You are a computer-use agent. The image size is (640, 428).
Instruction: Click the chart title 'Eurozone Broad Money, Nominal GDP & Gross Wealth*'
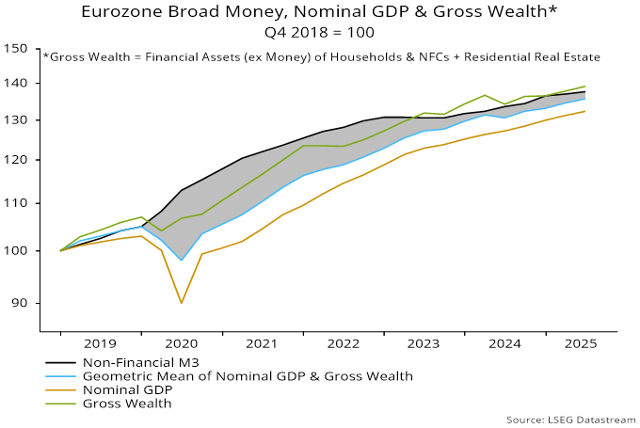click(320, 12)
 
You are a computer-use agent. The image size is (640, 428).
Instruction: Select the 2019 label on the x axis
click(101, 345)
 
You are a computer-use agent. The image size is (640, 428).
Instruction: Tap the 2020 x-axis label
click(181, 345)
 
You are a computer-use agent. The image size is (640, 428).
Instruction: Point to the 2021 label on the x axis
click(262, 345)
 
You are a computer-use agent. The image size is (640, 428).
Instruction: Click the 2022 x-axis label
click(343, 345)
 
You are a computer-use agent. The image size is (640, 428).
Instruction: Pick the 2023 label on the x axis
click(423, 345)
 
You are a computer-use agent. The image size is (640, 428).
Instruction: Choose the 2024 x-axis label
click(504, 345)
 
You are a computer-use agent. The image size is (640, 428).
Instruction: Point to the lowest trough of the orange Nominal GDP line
click(182, 303)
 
